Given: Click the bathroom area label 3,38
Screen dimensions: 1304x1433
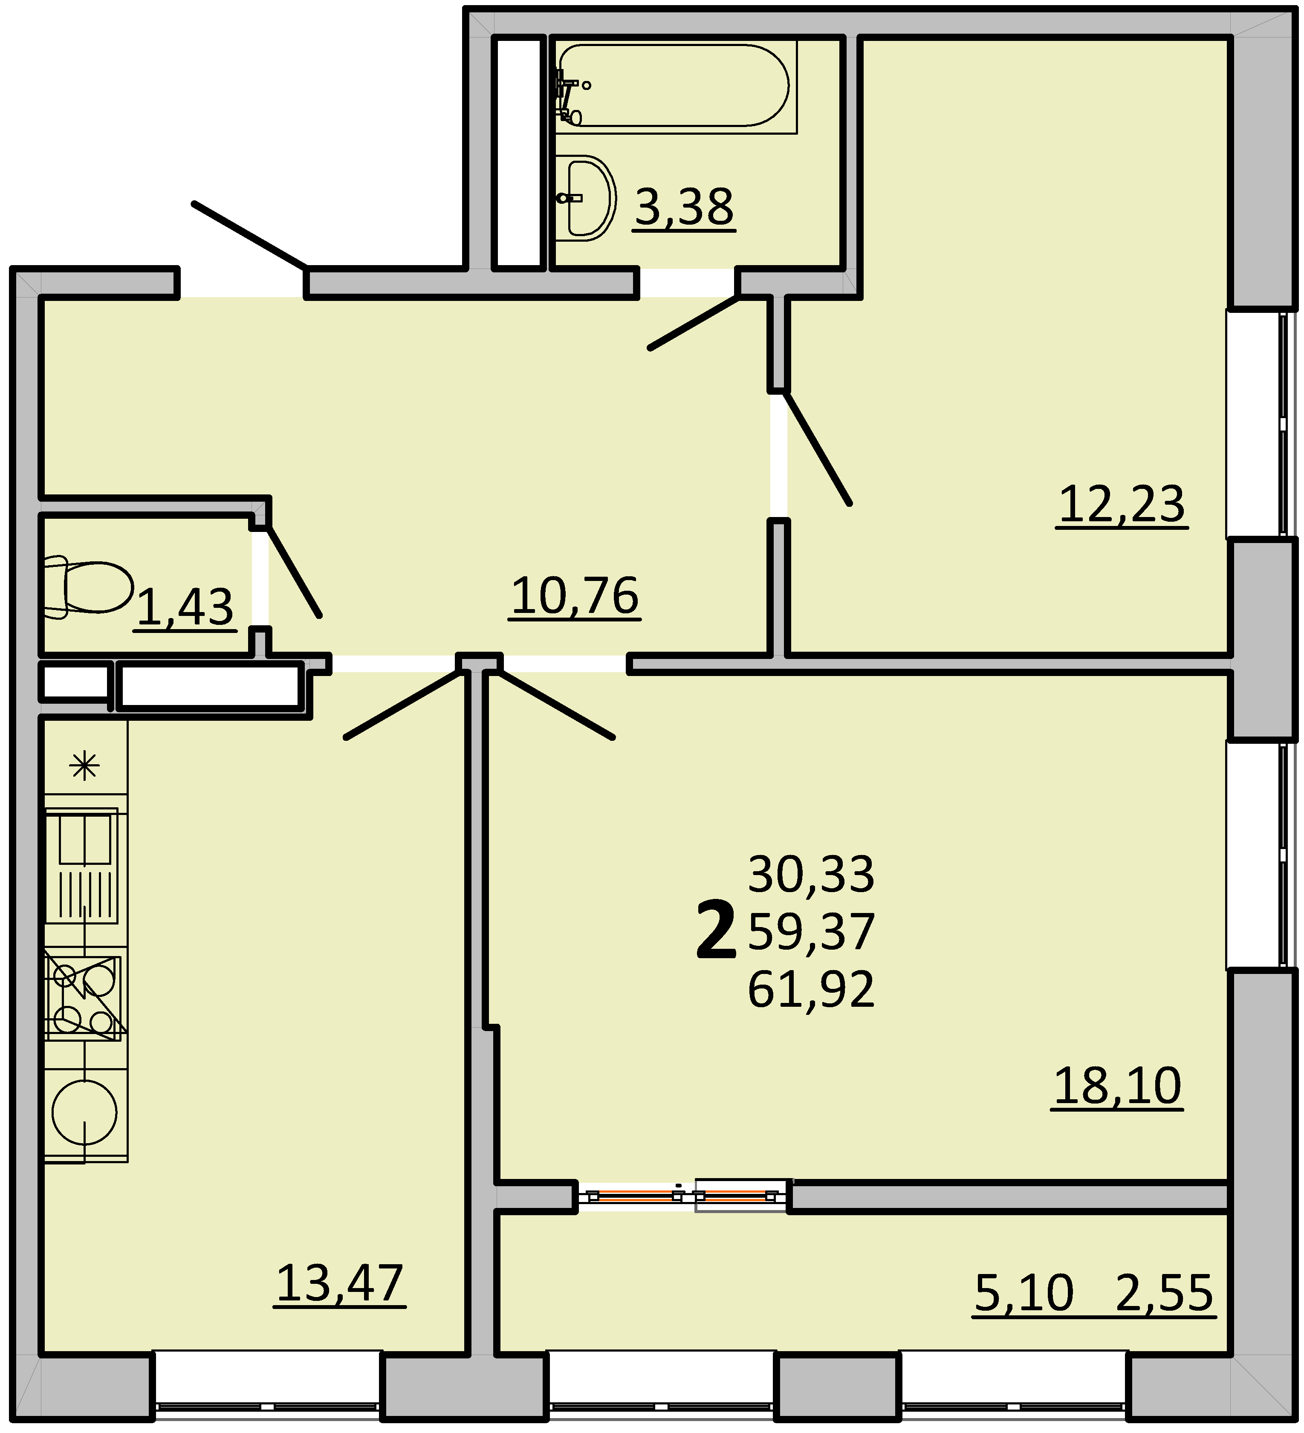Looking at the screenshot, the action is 684,208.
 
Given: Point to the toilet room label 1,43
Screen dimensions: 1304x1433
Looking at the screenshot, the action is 185,608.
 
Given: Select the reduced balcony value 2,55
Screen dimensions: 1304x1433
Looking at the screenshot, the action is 1164,1292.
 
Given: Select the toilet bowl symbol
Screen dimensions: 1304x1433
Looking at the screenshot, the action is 88,587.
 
